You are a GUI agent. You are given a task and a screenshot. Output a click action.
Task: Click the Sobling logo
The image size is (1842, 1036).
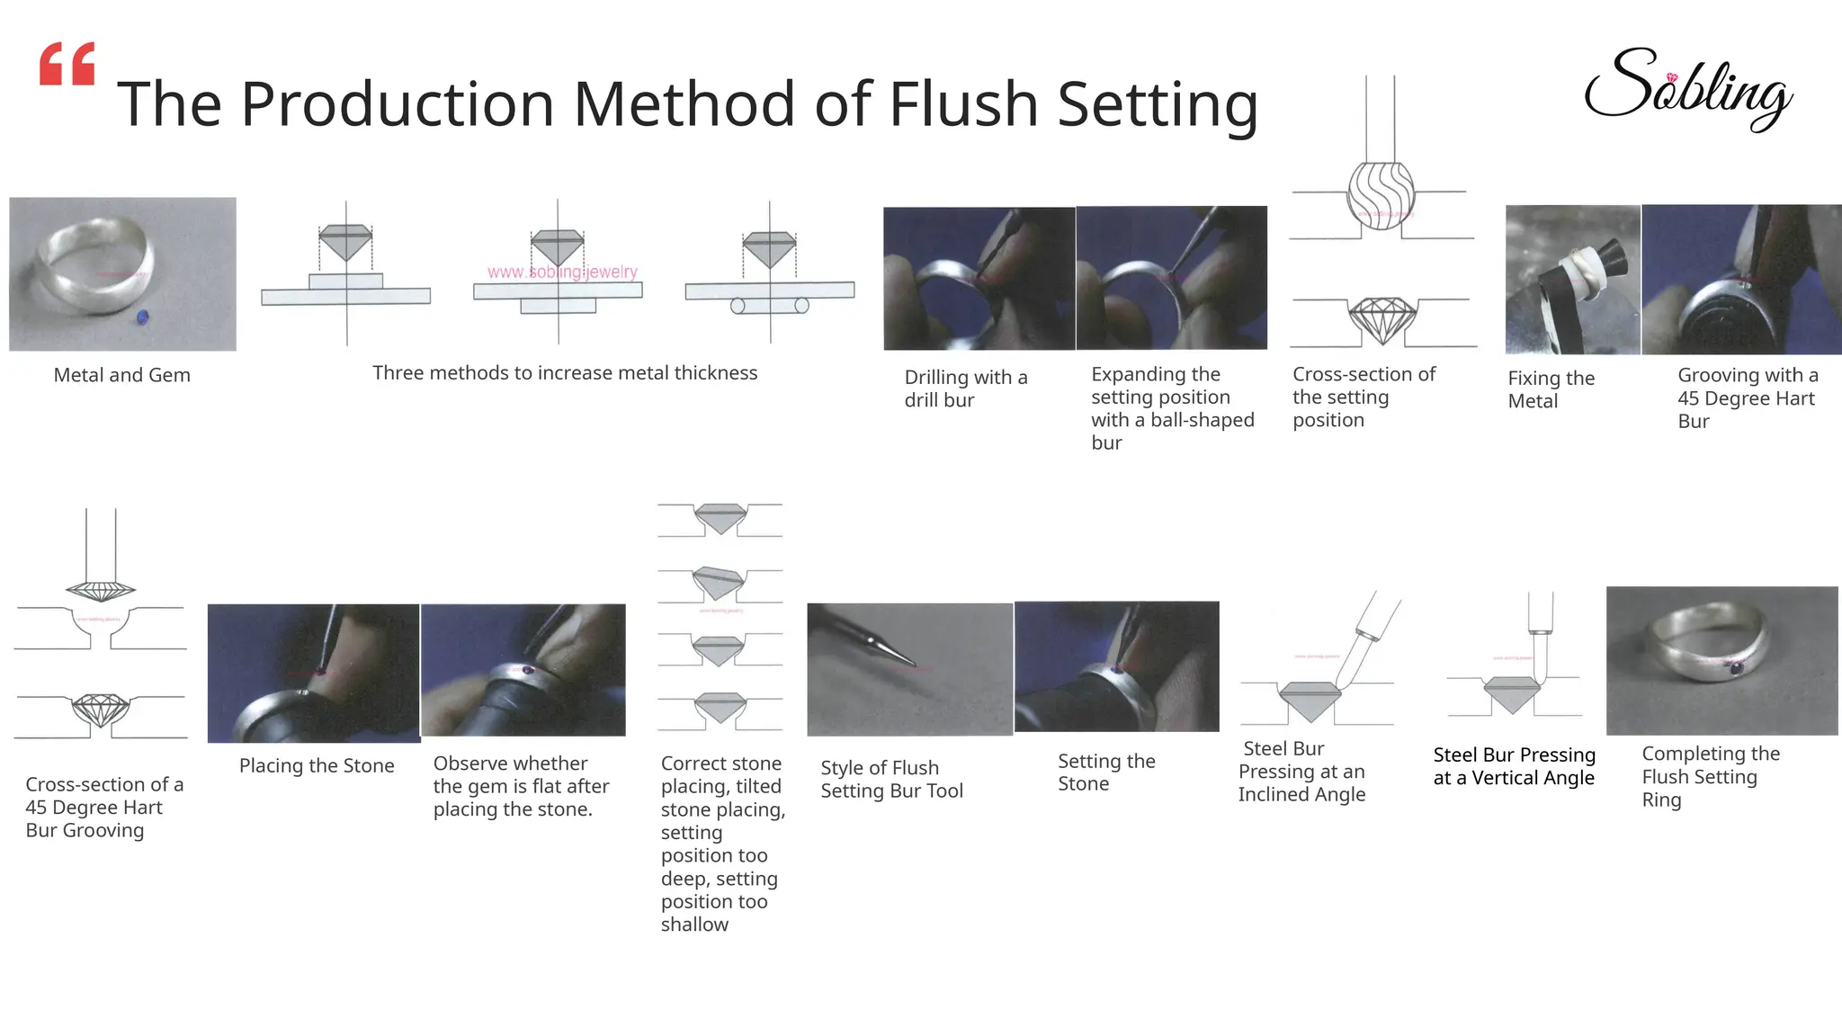click(1687, 90)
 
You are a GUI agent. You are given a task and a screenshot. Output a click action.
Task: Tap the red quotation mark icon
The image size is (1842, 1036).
click(67, 64)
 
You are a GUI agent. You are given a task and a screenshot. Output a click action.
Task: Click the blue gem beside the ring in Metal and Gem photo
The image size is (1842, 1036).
click(142, 317)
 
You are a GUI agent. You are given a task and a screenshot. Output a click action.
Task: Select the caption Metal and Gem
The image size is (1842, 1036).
click(121, 375)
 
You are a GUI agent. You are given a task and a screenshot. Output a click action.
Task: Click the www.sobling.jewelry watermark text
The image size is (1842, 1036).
click(562, 272)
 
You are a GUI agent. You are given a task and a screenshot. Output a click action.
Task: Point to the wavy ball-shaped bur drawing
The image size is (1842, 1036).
click(1381, 194)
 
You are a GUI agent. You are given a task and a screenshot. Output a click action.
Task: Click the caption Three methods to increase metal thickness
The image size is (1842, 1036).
click(565, 373)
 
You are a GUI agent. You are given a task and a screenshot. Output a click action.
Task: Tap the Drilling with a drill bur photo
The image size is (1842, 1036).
click(979, 278)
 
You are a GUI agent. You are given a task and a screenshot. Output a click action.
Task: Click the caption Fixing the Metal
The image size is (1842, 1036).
click(1551, 389)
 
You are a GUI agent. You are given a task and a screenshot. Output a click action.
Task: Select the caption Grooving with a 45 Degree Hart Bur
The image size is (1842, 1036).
click(1747, 398)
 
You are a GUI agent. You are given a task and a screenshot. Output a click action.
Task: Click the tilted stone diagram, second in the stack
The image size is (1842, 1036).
click(719, 585)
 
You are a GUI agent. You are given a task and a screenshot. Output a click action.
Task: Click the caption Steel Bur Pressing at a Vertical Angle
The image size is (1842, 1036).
click(1514, 766)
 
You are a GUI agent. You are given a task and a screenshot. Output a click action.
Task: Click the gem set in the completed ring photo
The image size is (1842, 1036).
click(1736, 668)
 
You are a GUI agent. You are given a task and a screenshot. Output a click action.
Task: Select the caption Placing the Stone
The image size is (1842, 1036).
click(317, 766)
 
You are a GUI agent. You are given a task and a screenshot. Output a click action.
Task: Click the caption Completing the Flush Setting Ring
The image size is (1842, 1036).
click(1710, 776)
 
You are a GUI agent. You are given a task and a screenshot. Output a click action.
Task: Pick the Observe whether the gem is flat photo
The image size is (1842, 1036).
click(523, 670)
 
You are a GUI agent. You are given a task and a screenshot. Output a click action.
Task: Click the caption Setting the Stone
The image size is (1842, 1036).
click(1105, 773)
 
